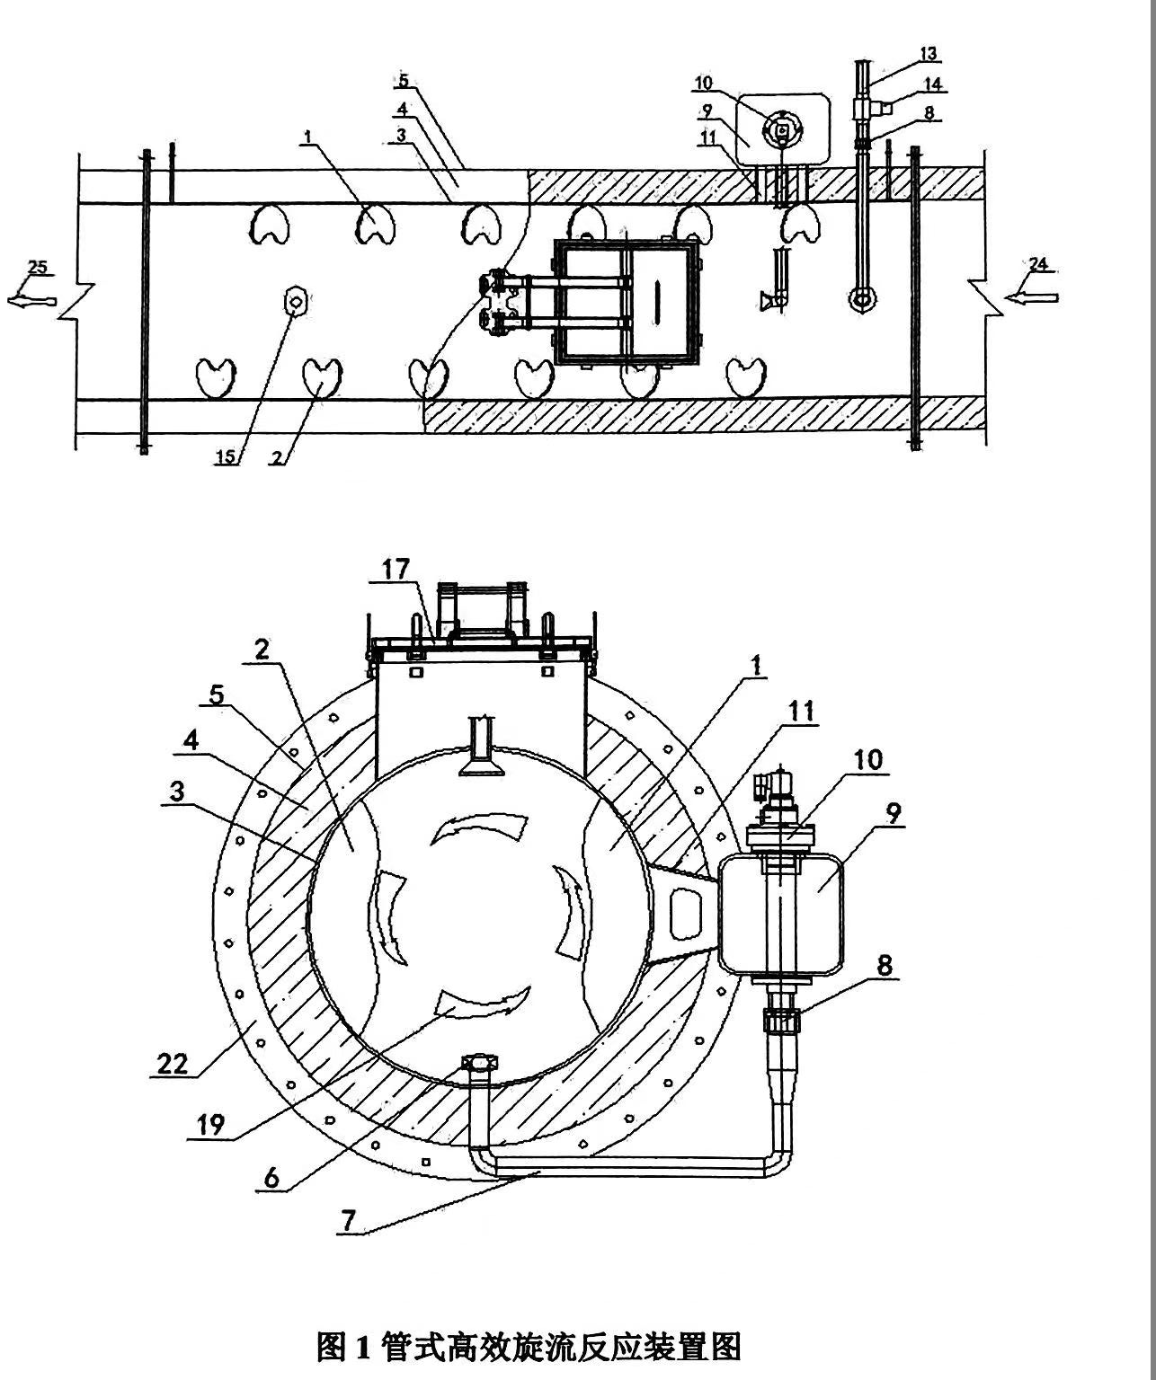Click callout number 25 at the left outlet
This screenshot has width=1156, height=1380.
click(x=37, y=267)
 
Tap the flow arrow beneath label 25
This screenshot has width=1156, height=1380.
click(x=33, y=301)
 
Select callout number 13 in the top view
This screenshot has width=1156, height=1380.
click(x=928, y=54)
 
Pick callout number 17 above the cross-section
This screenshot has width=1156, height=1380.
click(x=396, y=569)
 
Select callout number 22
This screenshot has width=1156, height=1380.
click(x=172, y=1063)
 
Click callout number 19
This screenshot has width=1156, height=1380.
click(x=213, y=1125)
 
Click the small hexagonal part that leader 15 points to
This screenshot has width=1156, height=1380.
click(x=295, y=301)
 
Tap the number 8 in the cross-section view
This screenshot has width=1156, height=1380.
click(x=885, y=965)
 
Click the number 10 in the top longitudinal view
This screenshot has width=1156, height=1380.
click(x=703, y=84)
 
